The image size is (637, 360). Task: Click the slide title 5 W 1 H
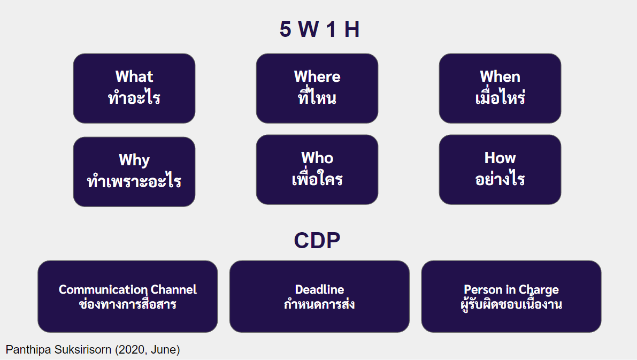[319, 30]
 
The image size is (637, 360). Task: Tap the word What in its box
[134, 76]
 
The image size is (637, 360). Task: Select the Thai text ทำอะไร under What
[134, 98]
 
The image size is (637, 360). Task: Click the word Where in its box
[317, 76]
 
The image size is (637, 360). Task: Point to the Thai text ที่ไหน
[317, 98]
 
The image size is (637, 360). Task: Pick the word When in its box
[500, 76]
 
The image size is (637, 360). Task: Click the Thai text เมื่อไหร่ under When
[500, 98]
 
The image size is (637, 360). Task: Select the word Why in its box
[134, 160]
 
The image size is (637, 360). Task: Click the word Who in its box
[317, 158]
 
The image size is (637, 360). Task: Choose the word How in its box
[500, 158]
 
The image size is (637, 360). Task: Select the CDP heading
[317, 241]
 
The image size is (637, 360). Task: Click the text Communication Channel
[128, 289]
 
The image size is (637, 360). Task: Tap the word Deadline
[319, 289]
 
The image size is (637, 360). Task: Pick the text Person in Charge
[511, 289]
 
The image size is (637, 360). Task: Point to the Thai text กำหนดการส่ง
[319, 305]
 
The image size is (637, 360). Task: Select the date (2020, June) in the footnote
[148, 350]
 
